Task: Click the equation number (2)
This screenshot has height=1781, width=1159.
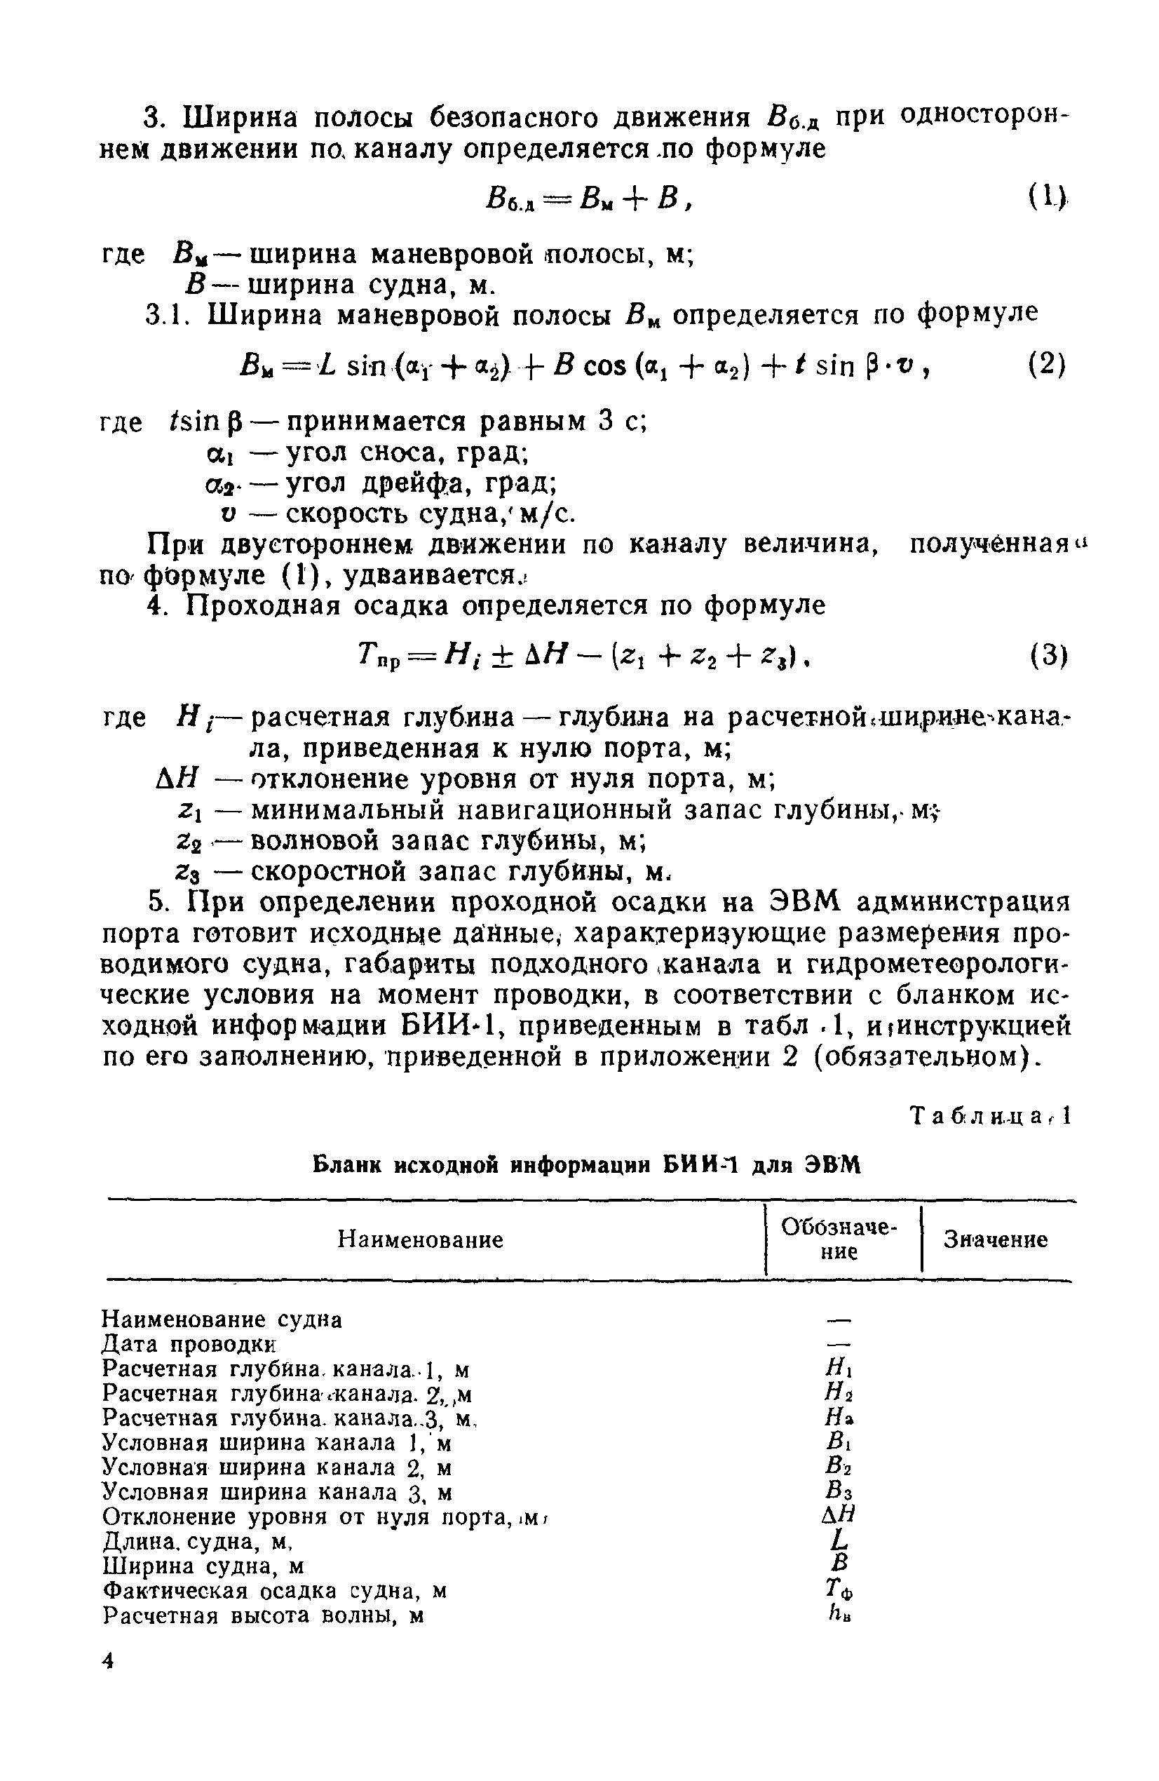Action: click(x=1045, y=365)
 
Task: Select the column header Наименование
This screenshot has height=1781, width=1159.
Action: click(x=420, y=1240)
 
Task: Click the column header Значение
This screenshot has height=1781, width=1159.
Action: click(x=994, y=1240)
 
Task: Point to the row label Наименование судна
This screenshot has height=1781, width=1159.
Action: click(x=222, y=1319)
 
